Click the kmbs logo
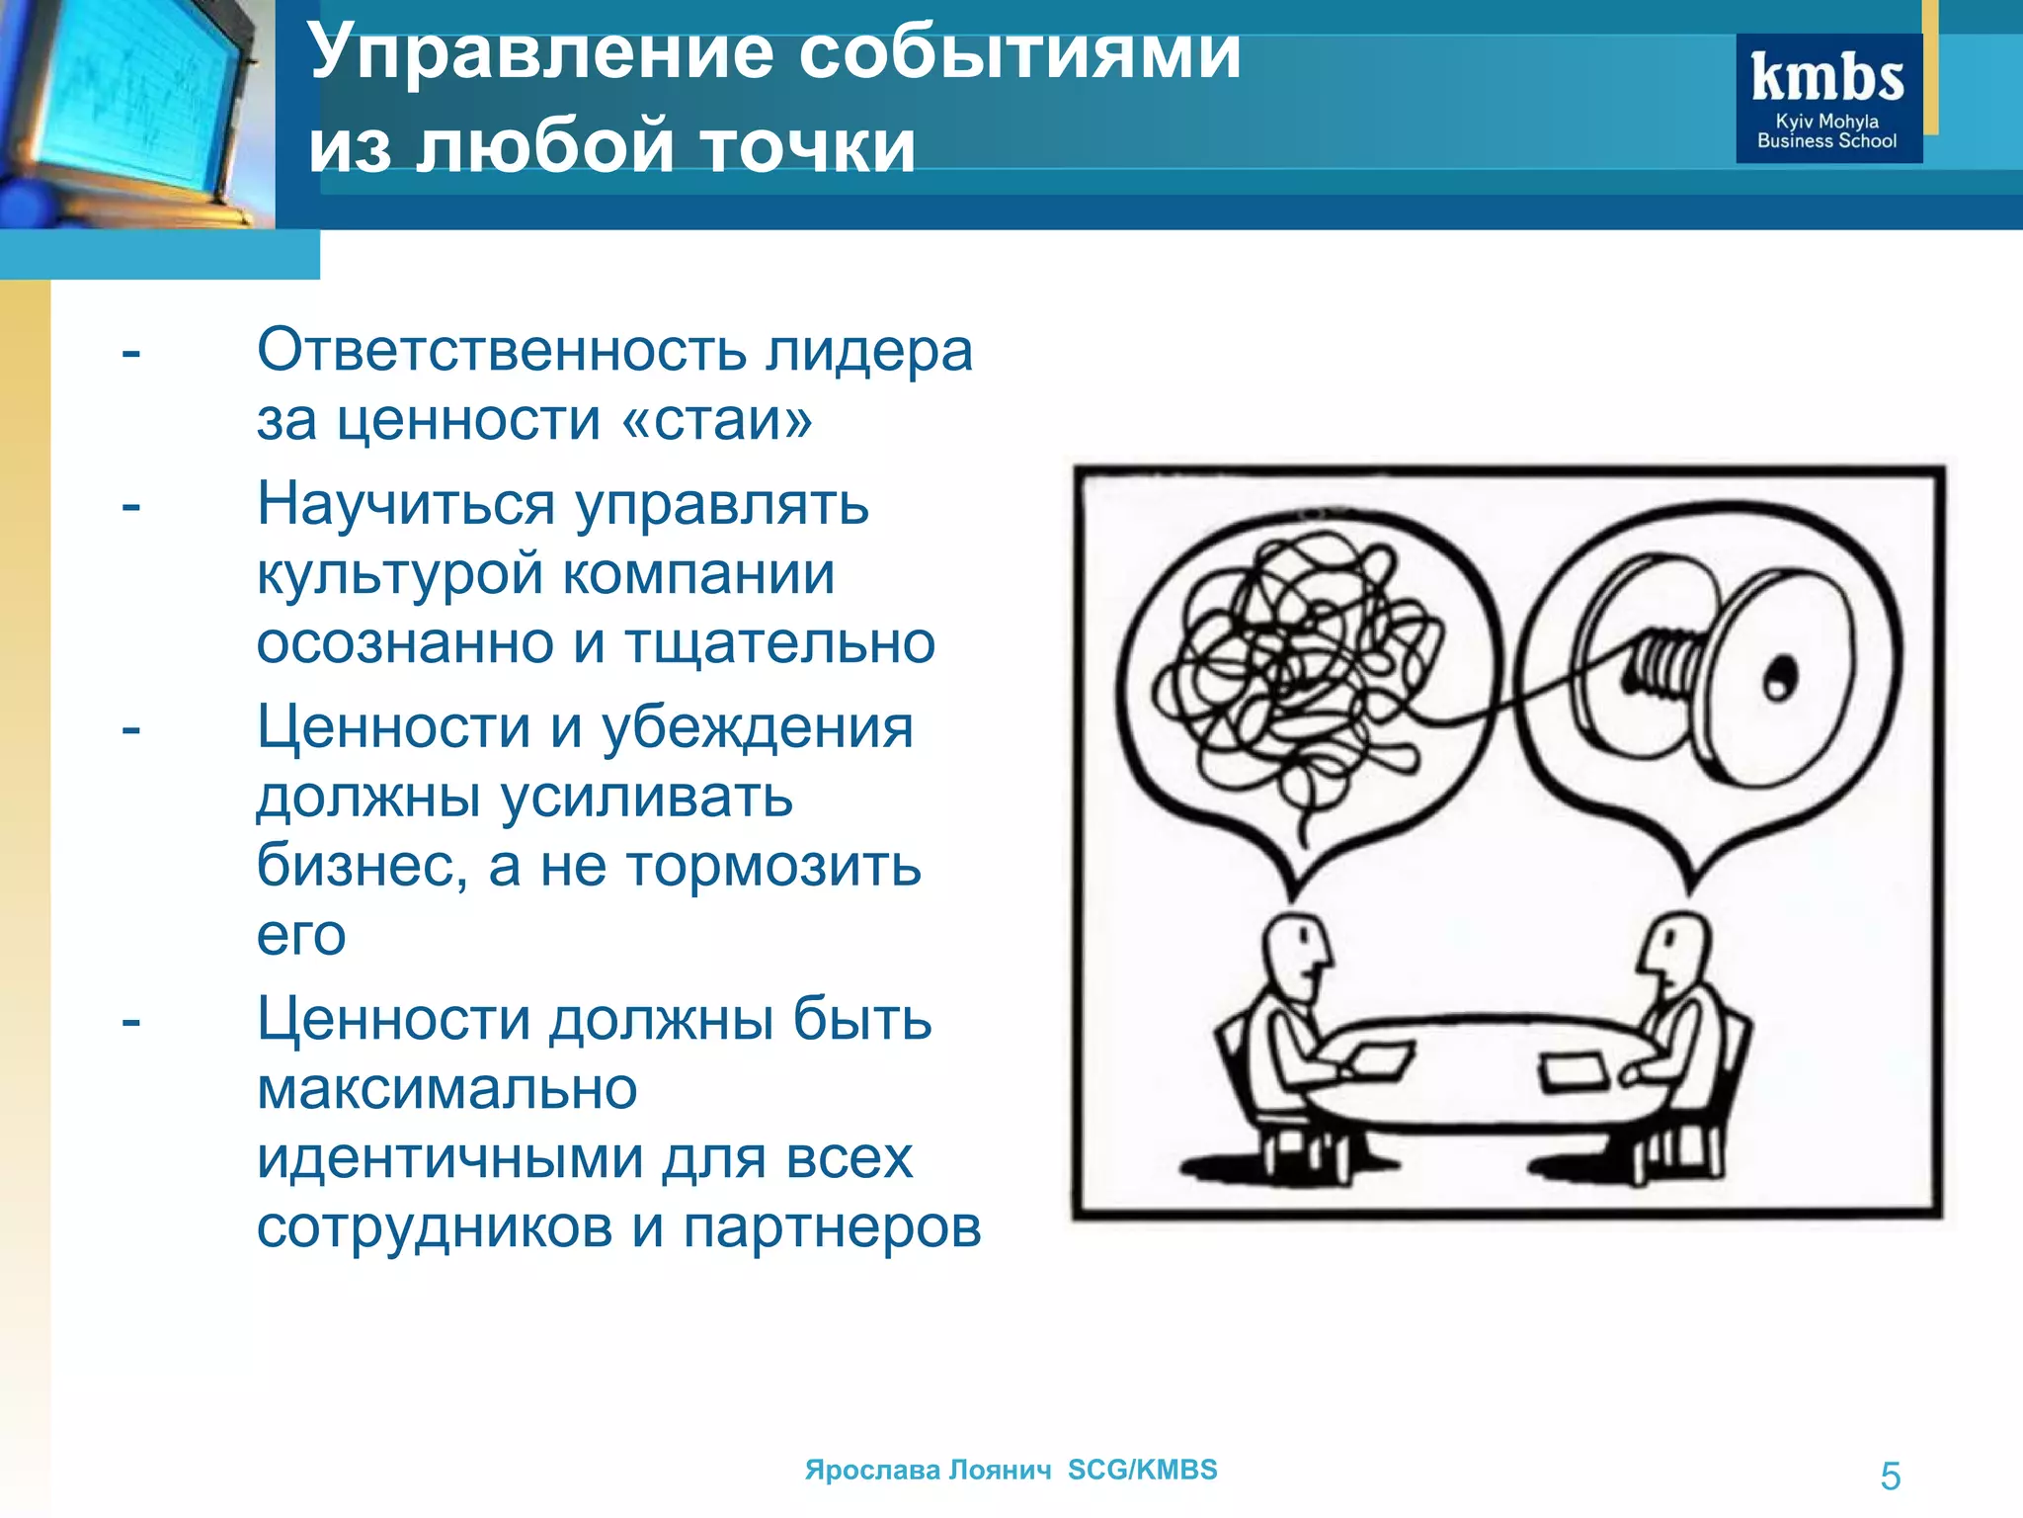pos(1828,99)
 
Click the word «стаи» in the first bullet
pos(717,420)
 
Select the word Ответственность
pos(502,350)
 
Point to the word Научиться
pos(406,505)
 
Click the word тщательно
pos(779,642)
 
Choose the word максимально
pos(446,1089)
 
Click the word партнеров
pos(832,1227)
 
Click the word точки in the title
pos(808,146)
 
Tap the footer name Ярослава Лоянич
pos(928,1470)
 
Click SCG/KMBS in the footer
pos(1142,1470)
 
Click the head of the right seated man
pos(1676,950)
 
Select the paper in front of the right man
pos(1574,1072)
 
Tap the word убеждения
pos(758,728)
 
